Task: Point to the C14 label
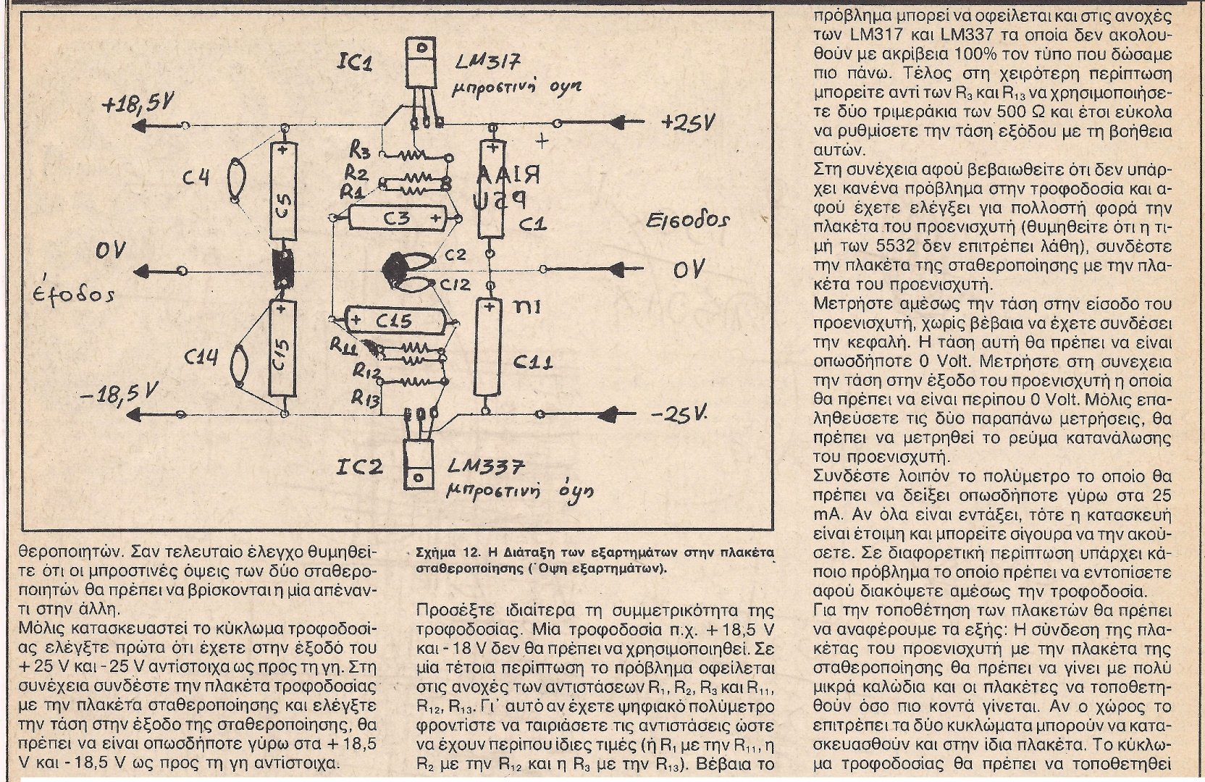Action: point(201,356)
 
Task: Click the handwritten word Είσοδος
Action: point(689,220)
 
